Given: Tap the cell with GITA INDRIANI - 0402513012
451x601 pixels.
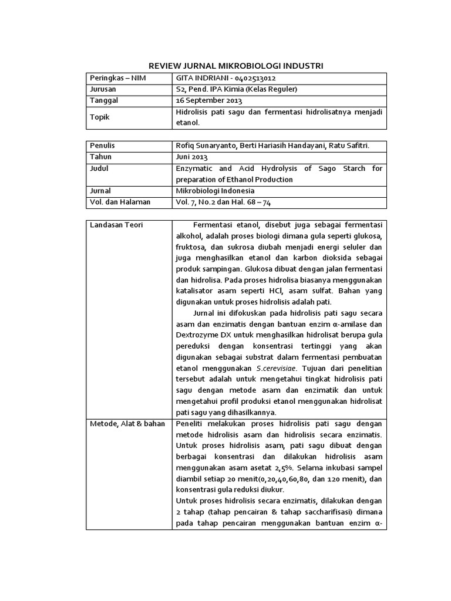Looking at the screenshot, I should (x=226, y=78).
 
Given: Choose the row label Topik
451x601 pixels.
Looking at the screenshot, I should (x=99, y=117).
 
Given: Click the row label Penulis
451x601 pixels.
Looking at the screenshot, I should (x=102, y=146).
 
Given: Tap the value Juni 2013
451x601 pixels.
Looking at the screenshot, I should (x=191, y=157).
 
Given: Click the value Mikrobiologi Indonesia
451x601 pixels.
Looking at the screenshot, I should (x=215, y=191).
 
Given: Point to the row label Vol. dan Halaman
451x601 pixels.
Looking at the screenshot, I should (x=120, y=202).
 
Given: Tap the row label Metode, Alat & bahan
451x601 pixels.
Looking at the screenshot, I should (x=127, y=424).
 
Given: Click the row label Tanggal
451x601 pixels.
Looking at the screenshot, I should (x=103, y=100).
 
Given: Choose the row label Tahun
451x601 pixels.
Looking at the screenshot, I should (x=100, y=157).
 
